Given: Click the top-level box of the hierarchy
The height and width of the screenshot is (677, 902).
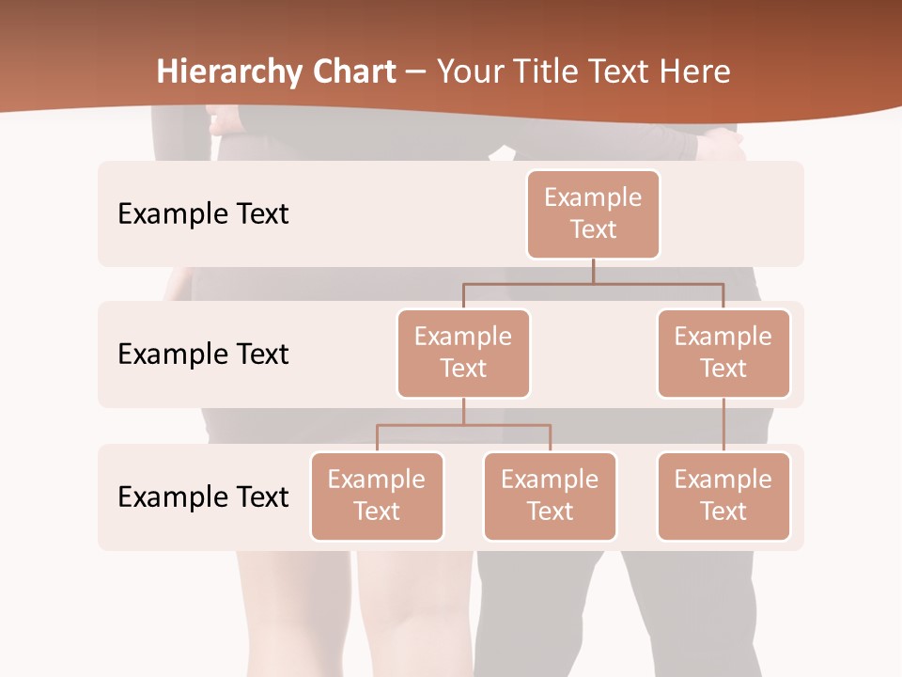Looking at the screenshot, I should [x=593, y=214].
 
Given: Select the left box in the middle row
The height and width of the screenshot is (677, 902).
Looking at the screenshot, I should [x=463, y=354].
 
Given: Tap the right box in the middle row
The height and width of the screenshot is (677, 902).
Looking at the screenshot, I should [x=723, y=354].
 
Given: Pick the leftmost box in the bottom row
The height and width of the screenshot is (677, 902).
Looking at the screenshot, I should [x=377, y=496].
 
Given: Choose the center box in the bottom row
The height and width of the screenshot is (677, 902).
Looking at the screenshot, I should [x=550, y=496].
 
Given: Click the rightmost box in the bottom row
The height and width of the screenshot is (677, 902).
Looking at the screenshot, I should [x=723, y=496].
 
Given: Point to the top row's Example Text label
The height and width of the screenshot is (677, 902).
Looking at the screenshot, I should [x=203, y=214].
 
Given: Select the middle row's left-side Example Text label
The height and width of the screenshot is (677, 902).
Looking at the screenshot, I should [x=203, y=354].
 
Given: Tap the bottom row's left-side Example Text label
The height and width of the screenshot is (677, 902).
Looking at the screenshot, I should [x=203, y=497].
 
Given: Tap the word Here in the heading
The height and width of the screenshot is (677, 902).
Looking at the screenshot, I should [x=695, y=71].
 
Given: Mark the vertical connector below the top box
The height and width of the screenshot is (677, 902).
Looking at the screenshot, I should [x=593, y=271].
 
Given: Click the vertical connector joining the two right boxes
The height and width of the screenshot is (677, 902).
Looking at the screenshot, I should [x=723, y=425].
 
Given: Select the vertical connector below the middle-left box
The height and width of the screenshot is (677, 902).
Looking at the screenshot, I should [x=463, y=411].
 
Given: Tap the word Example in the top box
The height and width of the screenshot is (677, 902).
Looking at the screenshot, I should [x=593, y=198].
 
